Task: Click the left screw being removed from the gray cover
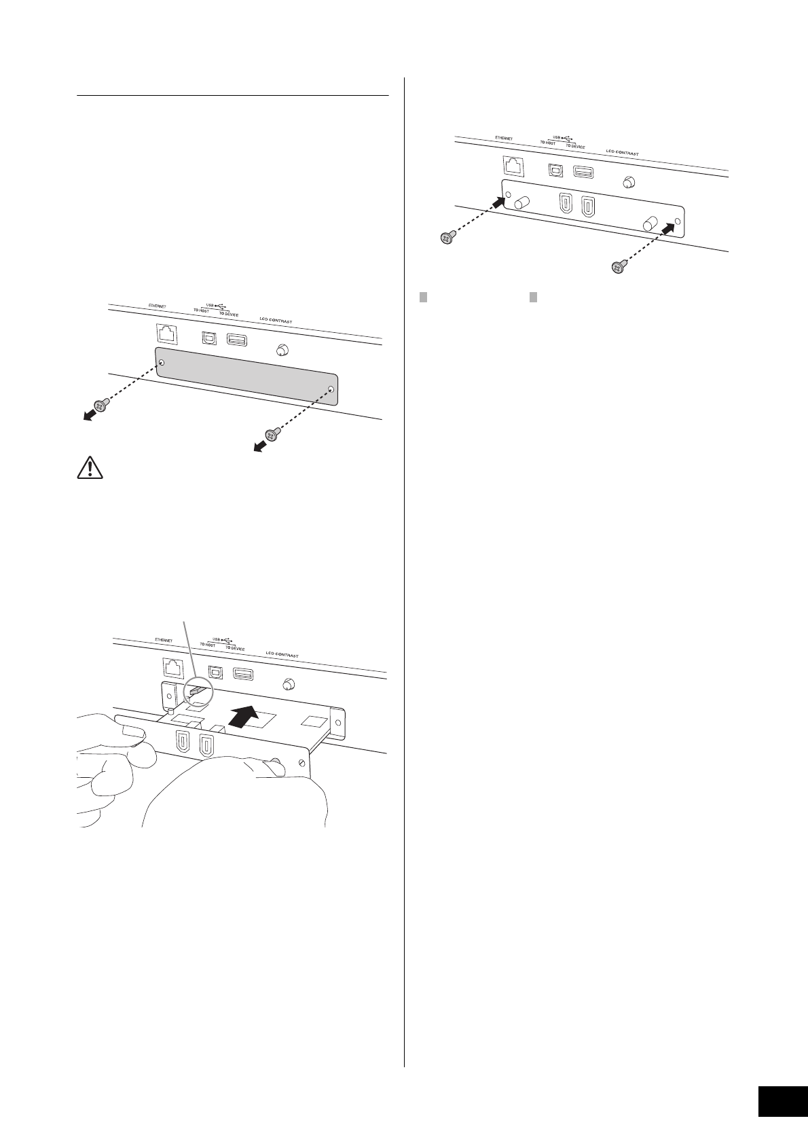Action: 101,406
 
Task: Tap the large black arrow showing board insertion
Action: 243,717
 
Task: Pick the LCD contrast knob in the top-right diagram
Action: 629,182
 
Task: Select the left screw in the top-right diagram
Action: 447,238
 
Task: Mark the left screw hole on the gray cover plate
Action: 161,362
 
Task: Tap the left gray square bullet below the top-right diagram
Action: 422,296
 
